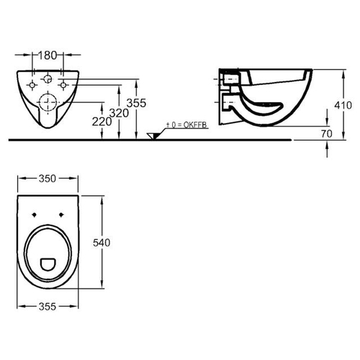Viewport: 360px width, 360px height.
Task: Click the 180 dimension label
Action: point(48,55)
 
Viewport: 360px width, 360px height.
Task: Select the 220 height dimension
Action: point(102,122)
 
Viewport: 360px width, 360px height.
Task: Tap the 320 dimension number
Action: point(119,113)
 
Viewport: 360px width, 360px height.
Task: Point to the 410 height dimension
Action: point(343,105)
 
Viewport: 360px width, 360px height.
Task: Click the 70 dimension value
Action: point(327,134)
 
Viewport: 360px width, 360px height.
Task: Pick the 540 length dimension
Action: point(102,243)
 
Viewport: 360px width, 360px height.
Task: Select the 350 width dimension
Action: point(48,179)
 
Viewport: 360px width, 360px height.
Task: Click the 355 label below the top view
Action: point(48,307)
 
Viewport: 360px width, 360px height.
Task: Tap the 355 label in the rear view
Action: point(136,103)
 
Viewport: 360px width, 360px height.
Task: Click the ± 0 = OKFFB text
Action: point(186,125)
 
